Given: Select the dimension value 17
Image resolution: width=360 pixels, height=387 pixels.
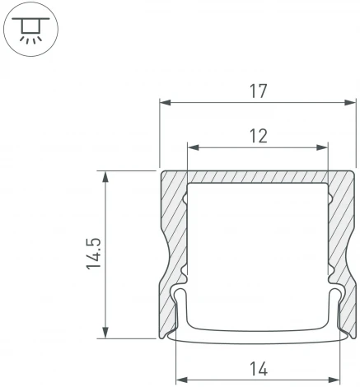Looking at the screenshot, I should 258,91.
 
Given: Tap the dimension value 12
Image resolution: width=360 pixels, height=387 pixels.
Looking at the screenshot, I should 258,136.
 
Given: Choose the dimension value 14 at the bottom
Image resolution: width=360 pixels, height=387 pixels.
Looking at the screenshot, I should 258,370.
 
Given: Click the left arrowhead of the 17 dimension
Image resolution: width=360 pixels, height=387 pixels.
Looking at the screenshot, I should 164,103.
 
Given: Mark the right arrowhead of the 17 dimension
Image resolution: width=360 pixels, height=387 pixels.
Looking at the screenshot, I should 339,103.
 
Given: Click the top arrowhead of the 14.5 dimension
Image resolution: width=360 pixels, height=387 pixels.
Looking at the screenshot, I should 105,175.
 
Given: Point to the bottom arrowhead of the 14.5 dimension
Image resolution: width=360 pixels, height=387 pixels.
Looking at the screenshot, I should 105,333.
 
